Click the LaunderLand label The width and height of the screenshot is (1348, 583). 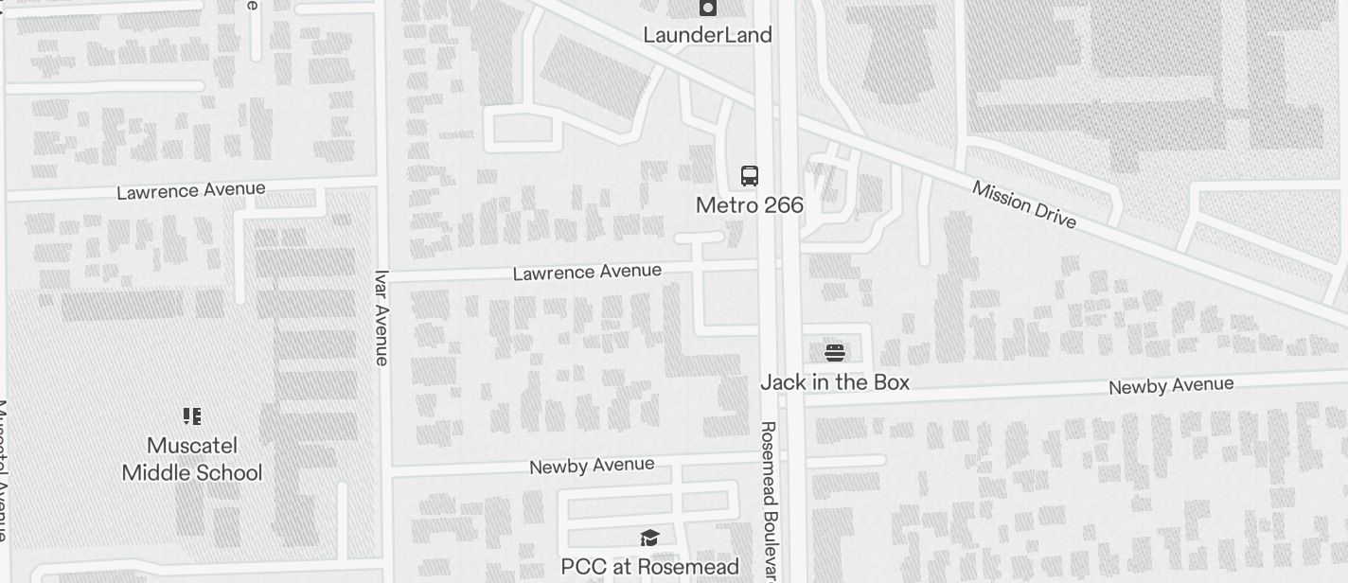point(707,35)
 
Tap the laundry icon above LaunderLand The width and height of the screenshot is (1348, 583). point(707,8)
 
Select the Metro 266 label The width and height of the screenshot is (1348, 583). point(749,205)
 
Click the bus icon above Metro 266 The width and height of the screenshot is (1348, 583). point(749,175)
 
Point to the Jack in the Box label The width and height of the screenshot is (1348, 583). point(834,382)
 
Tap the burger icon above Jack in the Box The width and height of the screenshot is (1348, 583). point(834,352)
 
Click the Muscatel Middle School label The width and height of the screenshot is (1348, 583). point(192,459)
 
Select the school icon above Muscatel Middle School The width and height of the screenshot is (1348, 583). point(192,415)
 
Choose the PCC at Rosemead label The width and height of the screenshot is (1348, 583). point(649,567)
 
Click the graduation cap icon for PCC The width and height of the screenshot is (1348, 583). point(649,538)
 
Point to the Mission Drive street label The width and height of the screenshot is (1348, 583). point(1024,204)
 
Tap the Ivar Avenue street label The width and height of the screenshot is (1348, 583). point(381,318)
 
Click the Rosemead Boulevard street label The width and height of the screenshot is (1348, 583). point(769,500)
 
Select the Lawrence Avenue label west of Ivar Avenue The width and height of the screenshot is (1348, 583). point(190,190)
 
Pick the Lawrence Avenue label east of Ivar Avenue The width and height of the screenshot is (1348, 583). point(587,273)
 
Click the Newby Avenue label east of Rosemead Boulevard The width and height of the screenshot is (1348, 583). point(1171,385)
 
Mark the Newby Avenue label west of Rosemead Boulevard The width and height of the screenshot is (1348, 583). point(592,466)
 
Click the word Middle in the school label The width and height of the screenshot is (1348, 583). point(156,472)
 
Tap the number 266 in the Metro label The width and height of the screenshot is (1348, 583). point(781,205)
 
